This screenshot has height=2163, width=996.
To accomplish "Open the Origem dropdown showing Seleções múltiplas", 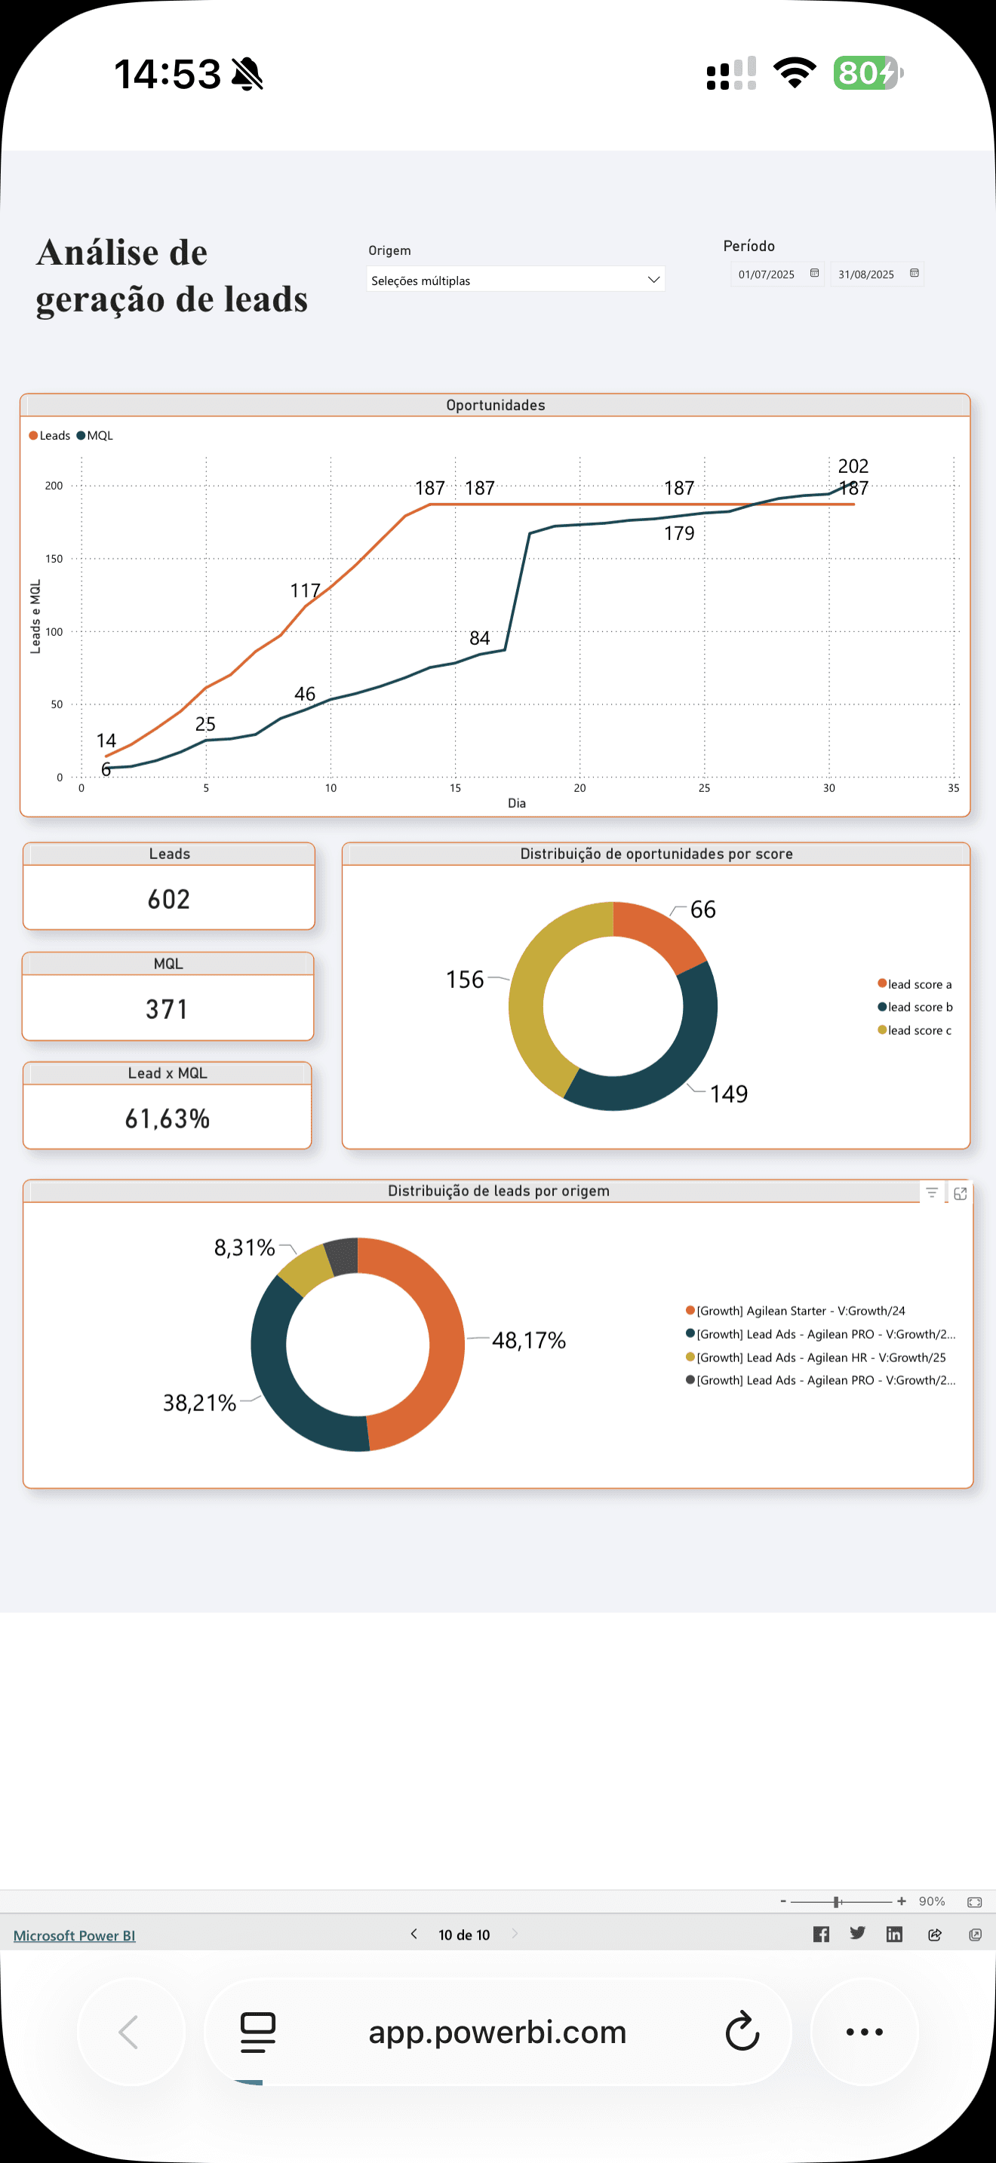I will coord(515,280).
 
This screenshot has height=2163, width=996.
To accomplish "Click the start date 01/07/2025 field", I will coord(767,275).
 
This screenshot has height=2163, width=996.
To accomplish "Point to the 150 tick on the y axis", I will coord(54,558).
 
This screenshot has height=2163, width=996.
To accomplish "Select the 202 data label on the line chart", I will coord(853,466).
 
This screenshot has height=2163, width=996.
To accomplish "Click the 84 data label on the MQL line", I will coord(480,638).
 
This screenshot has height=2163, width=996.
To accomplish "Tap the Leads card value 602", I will coord(169,899).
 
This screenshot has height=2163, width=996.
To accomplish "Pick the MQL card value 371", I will coord(167,1008).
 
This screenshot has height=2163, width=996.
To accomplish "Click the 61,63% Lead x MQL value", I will coord(167,1118).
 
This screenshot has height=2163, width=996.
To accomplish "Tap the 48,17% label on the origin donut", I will coord(528,1340).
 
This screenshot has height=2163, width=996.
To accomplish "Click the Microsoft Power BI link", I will coord(74,1935).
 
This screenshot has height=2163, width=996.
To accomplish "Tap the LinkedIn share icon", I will coord(894,1934).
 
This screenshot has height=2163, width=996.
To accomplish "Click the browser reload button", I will coord(742,2032).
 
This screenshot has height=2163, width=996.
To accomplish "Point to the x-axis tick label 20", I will coord(579,787).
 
